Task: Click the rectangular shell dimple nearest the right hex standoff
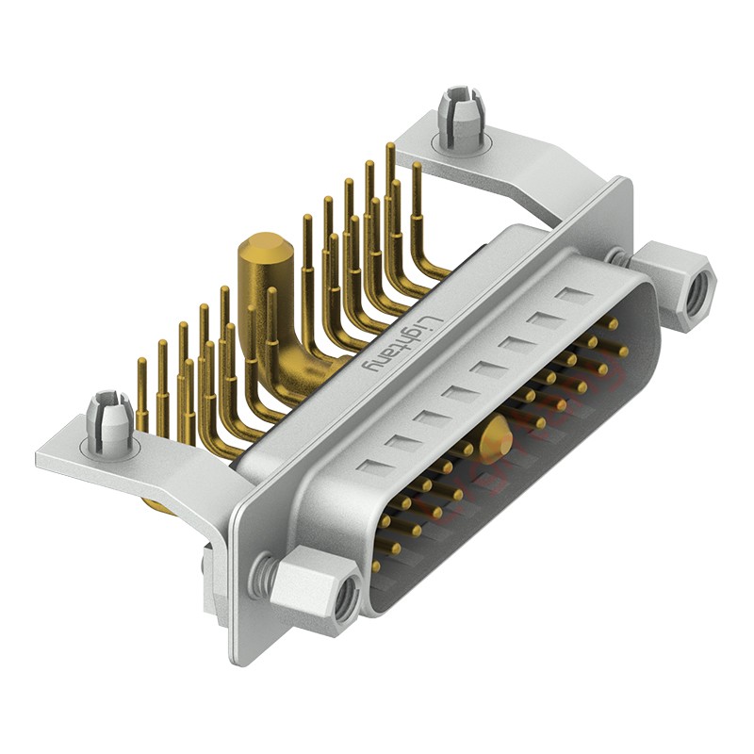point(572,297)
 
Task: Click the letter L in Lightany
point(427,320)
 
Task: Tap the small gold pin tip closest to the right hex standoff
point(614,324)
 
